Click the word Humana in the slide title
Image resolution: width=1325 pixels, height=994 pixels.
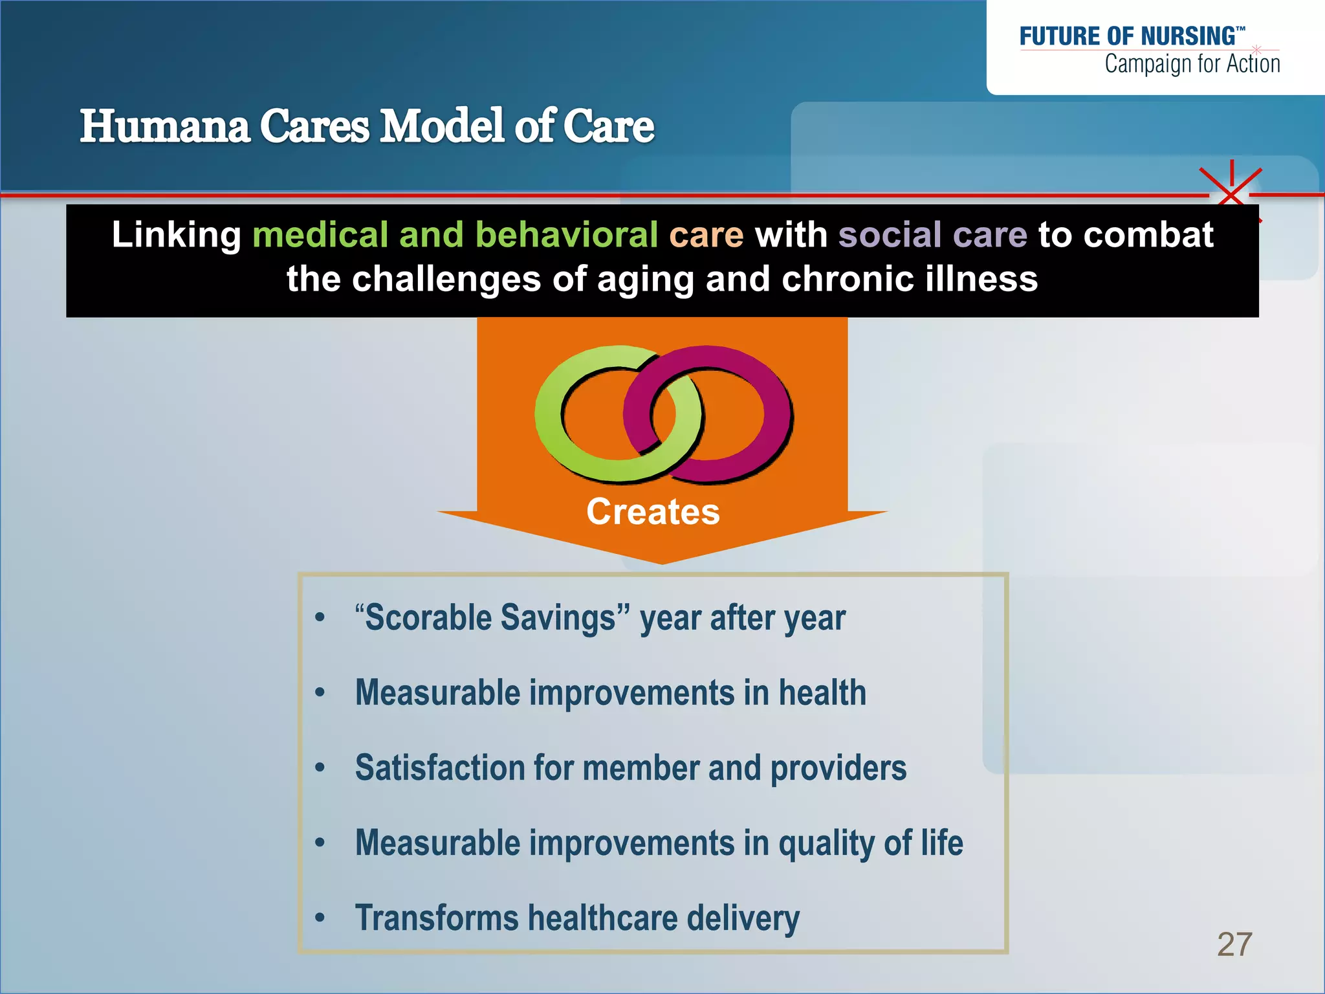[165, 126]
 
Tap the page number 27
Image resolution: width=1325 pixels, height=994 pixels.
[1234, 944]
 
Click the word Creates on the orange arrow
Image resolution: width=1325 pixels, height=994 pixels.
[653, 512]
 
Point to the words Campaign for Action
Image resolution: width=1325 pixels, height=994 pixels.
[1192, 64]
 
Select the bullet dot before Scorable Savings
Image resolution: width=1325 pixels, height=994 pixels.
[320, 617]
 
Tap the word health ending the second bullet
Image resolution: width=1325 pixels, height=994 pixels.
[822, 692]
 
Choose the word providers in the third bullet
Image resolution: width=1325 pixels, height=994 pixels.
[838, 768]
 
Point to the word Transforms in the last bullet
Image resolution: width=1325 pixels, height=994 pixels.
[436, 918]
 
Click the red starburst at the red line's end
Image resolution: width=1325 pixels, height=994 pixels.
[1231, 193]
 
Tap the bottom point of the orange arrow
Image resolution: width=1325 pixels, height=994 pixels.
[662, 562]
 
